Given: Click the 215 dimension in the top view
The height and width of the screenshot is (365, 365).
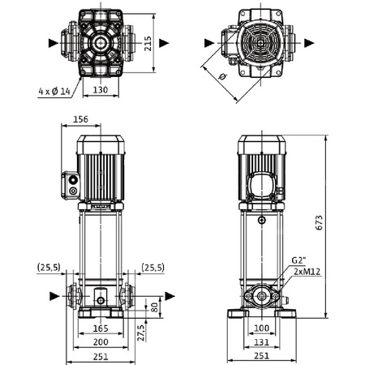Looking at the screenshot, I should pyautogui.click(x=148, y=42).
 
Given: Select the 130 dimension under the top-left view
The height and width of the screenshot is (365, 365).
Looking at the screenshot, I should pyautogui.click(x=101, y=90).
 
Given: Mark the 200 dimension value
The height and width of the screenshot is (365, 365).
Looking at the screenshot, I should pyautogui.click(x=101, y=341).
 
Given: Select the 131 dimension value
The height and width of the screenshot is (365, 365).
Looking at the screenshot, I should pyautogui.click(x=260, y=341).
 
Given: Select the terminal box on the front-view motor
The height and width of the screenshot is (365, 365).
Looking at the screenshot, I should pyautogui.click(x=71, y=184).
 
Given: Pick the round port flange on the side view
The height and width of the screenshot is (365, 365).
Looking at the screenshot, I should pyautogui.click(x=261, y=297).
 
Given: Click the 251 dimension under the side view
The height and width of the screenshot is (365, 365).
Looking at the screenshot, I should pyautogui.click(x=260, y=356).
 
